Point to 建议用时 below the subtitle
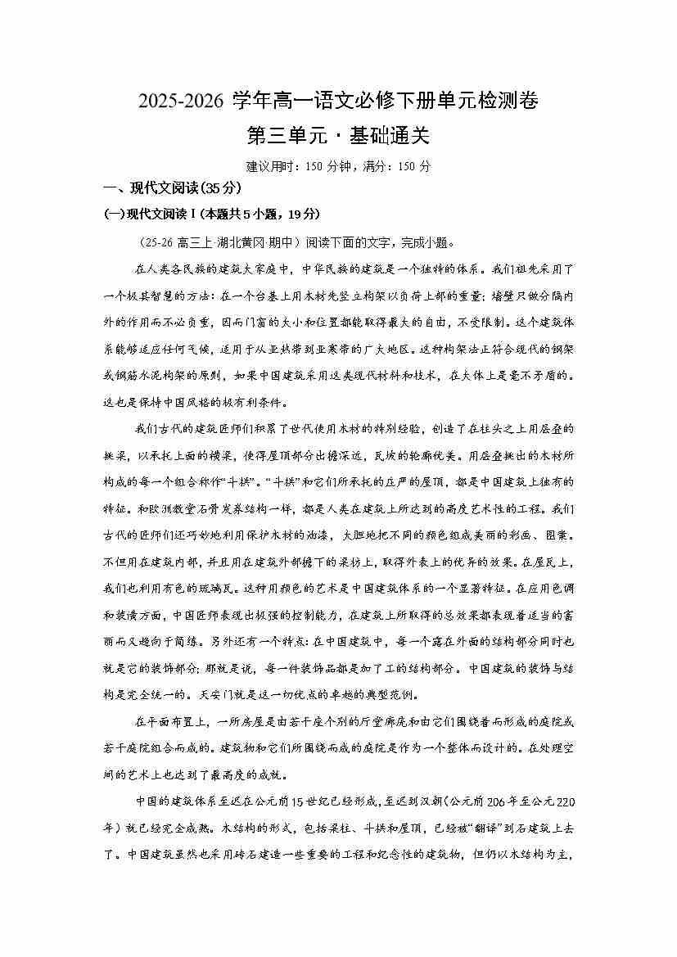point(269,166)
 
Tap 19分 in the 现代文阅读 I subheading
point(302,214)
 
